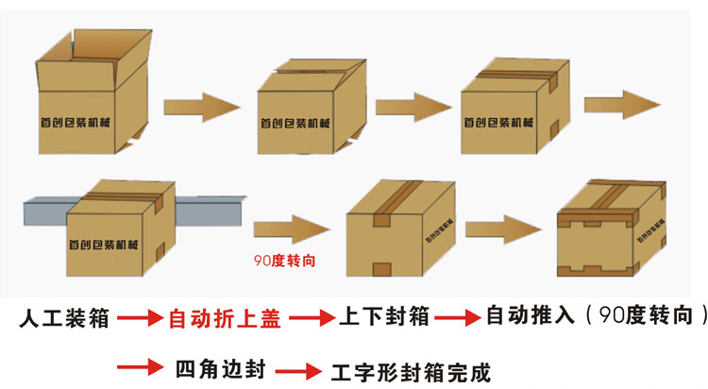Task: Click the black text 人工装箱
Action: [64, 318]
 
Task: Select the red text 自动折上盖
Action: [224, 318]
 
